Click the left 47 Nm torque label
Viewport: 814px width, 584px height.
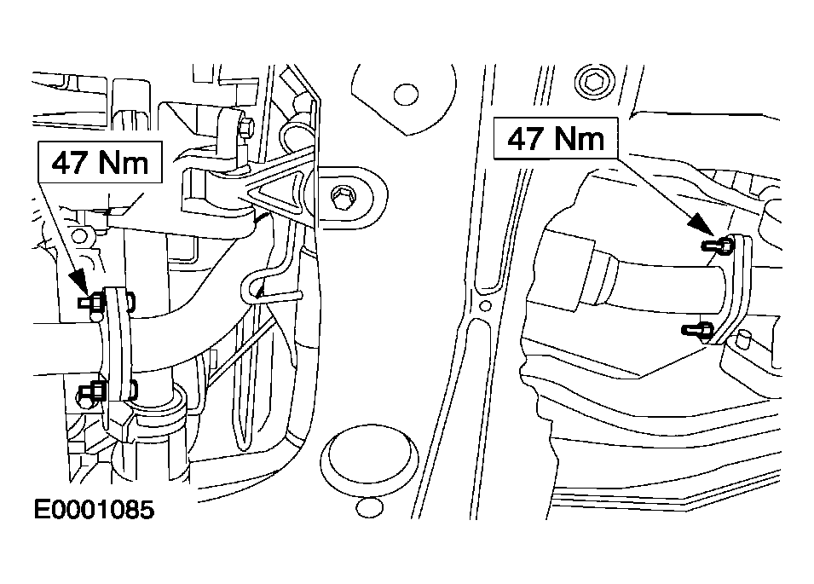101,162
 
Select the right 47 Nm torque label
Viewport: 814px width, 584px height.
556,138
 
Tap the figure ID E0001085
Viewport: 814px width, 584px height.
94,510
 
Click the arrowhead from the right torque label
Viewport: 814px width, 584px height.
701,225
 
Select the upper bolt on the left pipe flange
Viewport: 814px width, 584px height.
92,302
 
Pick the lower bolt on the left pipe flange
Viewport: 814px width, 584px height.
93,390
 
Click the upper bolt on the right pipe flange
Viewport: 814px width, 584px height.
718,244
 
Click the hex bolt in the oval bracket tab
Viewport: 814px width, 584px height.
343,197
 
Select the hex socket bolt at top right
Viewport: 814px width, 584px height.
594,82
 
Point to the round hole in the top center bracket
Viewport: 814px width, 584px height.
406,95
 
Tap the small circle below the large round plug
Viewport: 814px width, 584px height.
370,507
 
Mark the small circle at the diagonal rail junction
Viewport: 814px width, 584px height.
485,306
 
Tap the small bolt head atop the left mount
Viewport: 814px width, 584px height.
246,128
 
